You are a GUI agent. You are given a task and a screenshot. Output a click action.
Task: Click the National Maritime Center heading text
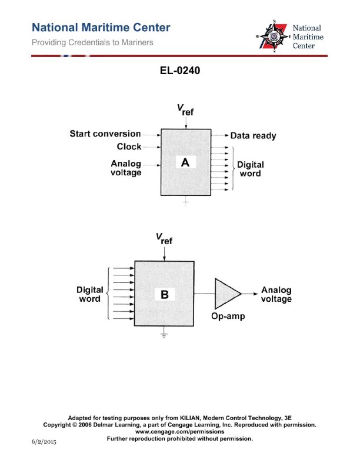101,28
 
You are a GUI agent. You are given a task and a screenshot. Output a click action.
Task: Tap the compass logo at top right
272,36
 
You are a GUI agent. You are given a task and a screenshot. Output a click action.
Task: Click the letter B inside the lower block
165,295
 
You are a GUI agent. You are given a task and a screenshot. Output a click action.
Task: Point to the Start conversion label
105,134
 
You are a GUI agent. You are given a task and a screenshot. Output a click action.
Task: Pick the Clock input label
129,147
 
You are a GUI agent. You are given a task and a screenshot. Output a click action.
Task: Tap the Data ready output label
253,135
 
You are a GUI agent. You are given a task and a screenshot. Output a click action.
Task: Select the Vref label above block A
185,109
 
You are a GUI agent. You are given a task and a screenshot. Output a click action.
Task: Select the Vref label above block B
164,240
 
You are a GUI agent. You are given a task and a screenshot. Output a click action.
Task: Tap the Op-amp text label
227,316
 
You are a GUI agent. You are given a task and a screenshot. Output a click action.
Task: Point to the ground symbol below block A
185,202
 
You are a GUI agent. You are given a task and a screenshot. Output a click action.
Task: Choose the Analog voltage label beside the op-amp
276,295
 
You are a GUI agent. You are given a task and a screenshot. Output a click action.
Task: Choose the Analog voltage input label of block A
126,168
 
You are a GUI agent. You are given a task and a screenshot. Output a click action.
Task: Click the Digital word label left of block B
90,294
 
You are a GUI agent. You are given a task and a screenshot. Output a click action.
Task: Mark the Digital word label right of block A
250,169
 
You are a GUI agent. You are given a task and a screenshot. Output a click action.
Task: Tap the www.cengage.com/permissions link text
179,431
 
